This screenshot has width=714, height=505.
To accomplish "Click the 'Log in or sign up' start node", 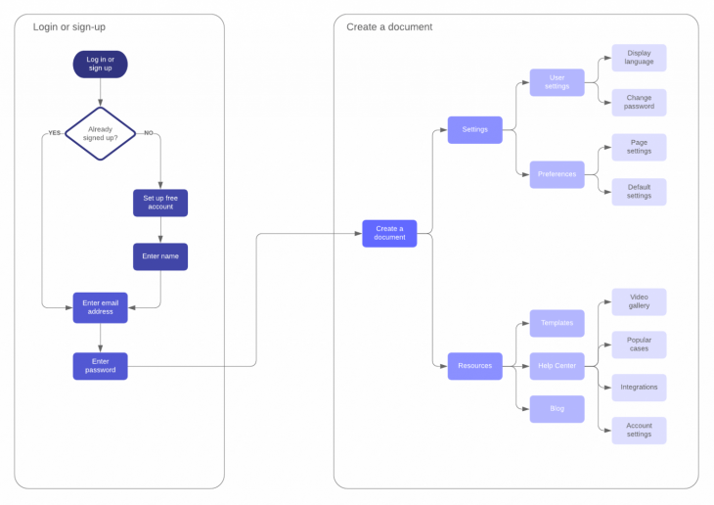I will (100, 65).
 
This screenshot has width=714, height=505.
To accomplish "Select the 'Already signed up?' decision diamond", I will (100, 133).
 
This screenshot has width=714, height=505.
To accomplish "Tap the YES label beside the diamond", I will (54, 132).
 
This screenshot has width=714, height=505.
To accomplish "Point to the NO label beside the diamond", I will (149, 132).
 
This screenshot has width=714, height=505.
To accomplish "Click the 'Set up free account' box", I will (160, 203).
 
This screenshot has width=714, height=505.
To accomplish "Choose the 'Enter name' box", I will (160, 256).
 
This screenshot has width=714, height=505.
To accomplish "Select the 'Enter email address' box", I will (100, 307).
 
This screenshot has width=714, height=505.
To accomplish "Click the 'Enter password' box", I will (100, 366).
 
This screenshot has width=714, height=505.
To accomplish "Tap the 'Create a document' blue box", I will (389, 233).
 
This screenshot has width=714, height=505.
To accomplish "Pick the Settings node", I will (474, 129).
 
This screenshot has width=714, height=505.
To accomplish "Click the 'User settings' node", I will (557, 82).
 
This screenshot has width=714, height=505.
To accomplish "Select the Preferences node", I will (557, 174).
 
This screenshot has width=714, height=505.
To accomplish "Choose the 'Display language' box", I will (639, 58).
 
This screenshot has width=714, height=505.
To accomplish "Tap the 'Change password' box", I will (639, 103).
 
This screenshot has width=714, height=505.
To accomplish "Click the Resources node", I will (474, 366).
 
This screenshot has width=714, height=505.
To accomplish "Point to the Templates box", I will (557, 322).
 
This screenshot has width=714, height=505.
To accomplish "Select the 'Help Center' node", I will (557, 366).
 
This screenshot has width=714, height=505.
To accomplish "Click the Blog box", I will (557, 409).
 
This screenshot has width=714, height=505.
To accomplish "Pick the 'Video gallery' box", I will (639, 301).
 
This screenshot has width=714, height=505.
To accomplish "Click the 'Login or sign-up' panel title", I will (69, 26).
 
